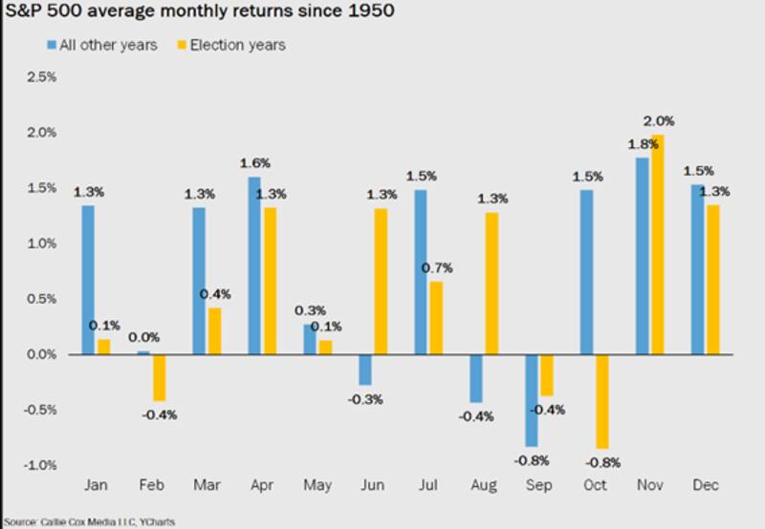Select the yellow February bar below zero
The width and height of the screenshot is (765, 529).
click(x=159, y=377)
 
